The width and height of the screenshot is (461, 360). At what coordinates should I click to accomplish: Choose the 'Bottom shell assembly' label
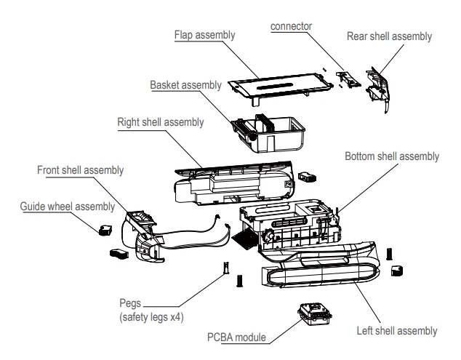[392, 156]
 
